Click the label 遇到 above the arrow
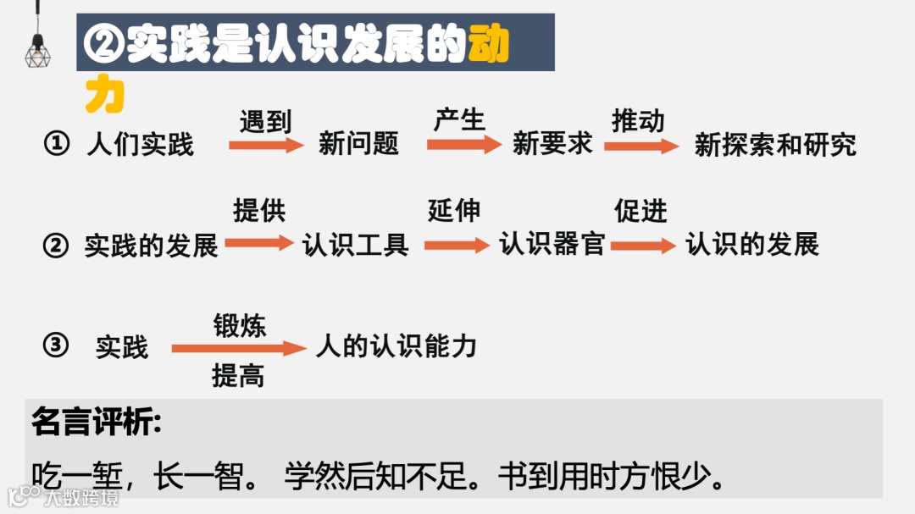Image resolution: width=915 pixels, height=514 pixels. coord(265,122)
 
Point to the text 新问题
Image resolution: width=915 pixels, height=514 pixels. coord(358,144)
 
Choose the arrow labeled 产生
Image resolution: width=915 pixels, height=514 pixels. coord(464,145)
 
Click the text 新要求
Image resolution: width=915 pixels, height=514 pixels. coord(552,144)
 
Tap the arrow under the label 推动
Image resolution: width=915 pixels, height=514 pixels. coord(641,146)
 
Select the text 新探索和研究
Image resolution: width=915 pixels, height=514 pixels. coord(775,145)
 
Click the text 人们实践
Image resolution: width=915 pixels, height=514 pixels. coord(141,145)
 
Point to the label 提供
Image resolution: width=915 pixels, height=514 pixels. coord(259,211)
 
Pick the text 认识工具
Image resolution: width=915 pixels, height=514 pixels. coord(356,245)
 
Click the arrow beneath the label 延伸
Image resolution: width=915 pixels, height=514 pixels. coord(457,245)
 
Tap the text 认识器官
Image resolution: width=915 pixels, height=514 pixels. coord(552,245)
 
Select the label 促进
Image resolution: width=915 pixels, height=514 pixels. coord(641,211)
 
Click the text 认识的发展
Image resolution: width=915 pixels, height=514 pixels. coord(752,245)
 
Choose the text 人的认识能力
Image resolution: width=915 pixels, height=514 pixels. coord(396,345)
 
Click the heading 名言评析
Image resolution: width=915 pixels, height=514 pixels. coord(96,422)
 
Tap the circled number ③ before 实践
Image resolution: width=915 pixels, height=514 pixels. coord(56,345)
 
